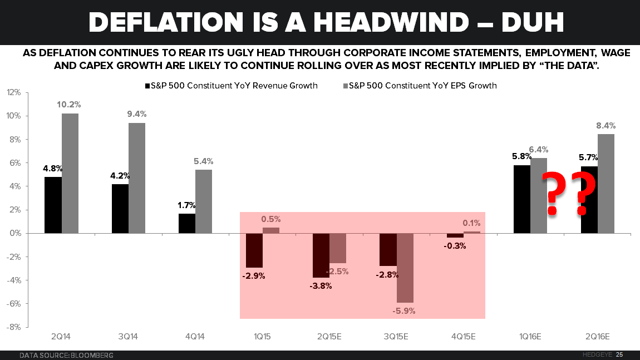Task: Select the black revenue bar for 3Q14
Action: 120,209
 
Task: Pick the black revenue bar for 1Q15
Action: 254,250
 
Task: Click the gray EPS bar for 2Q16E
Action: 606,184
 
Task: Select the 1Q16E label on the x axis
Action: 530,337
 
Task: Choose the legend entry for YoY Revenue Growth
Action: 231,86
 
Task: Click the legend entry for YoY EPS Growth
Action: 420,86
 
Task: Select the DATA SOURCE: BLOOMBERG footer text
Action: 66,355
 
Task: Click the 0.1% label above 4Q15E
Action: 472,223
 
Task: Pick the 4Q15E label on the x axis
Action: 463,337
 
